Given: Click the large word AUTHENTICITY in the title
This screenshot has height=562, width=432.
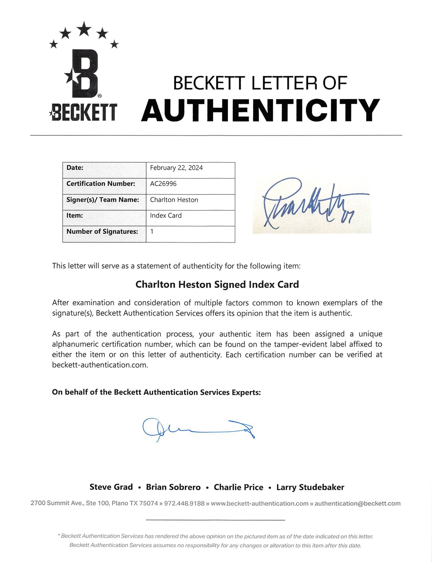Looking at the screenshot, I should (x=261, y=110).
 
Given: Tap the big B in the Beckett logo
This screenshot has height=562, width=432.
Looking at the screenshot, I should (x=84, y=74).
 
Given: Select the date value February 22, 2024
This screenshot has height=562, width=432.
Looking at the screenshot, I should (x=176, y=168).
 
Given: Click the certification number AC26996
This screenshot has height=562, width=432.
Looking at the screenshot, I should (x=163, y=184).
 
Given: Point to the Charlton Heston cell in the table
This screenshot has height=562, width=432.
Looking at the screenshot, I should (x=174, y=200).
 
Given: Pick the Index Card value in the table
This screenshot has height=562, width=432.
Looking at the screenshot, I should (x=166, y=216).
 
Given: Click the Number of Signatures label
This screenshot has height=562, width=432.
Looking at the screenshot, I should (x=102, y=232).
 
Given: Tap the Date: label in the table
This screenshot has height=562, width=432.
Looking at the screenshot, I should (x=75, y=168).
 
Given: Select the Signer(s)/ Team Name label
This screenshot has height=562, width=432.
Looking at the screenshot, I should (x=103, y=200).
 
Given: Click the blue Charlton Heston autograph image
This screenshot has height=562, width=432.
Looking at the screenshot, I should (x=312, y=205).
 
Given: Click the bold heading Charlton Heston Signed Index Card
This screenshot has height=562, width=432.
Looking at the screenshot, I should (x=217, y=284).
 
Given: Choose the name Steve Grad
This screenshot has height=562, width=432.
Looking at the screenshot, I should (x=111, y=487).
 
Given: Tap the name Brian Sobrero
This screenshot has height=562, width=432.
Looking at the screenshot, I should (x=173, y=487).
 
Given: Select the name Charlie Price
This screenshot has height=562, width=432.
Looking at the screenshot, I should (x=238, y=487).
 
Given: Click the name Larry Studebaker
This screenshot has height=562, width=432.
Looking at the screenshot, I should (x=310, y=487).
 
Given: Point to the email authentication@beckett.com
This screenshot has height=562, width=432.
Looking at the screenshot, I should (x=358, y=503).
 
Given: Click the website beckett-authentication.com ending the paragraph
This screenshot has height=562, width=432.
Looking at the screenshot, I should (x=100, y=365).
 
